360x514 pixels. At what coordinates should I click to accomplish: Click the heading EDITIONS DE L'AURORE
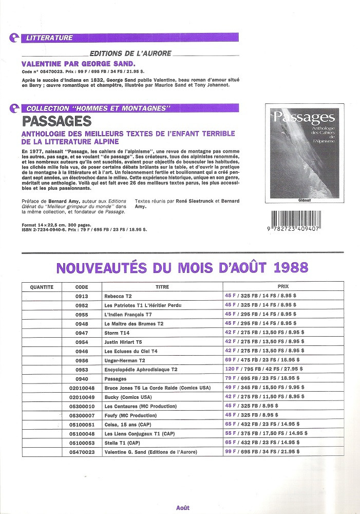click(130, 53)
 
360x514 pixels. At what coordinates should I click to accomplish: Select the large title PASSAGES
click(56, 121)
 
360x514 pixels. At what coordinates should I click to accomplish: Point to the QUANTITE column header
click(42, 287)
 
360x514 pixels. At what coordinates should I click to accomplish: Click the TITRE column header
click(162, 287)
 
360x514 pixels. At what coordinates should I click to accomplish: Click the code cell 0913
click(82, 296)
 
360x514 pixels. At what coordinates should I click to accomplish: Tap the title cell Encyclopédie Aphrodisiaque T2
click(140, 370)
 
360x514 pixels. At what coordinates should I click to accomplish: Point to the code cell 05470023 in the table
click(82, 452)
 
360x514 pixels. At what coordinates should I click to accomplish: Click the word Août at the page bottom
click(182, 507)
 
